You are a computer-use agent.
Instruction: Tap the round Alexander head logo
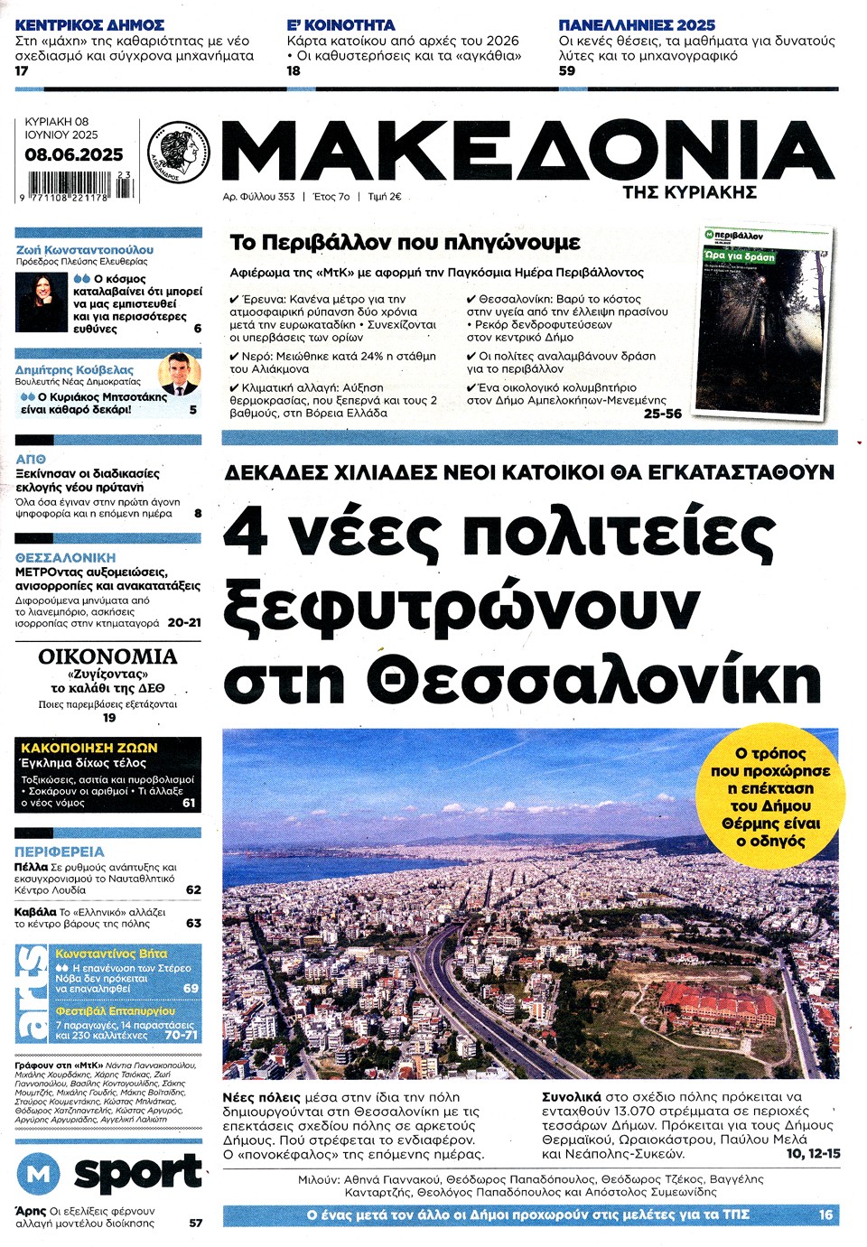pyautogui.click(x=178, y=151)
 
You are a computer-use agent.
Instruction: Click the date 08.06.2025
pyautogui.click(x=73, y=154)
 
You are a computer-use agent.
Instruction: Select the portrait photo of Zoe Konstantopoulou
pyautogui.click(x=42, y=303)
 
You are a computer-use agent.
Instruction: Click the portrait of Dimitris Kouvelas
pyautogui.click(x=179, y=377)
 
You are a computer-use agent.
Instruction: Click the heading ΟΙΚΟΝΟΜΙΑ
pyautogui.click(x=107, y=656)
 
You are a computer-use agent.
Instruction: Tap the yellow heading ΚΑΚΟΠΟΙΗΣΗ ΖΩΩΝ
pyautogui.click(x=89, y=748)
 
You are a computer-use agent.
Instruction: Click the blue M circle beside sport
pyautogui.click(x=38, y=1174)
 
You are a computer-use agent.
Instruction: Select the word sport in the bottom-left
pyautogui.click(x=137, y=1173)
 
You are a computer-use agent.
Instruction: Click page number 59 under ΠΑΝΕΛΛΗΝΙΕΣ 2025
pyautogui.click(x=566, y=70)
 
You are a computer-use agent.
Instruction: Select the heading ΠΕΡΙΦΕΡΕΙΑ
pyautogui.click(x=60, y=851)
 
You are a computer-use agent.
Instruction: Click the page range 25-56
pyautogui.click(x=662, y=414)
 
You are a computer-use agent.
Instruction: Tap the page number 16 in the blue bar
pyautogui.click(x=825, y=1214)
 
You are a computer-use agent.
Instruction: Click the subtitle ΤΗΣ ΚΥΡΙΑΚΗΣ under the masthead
pyautogui.click(x=689, y=192)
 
